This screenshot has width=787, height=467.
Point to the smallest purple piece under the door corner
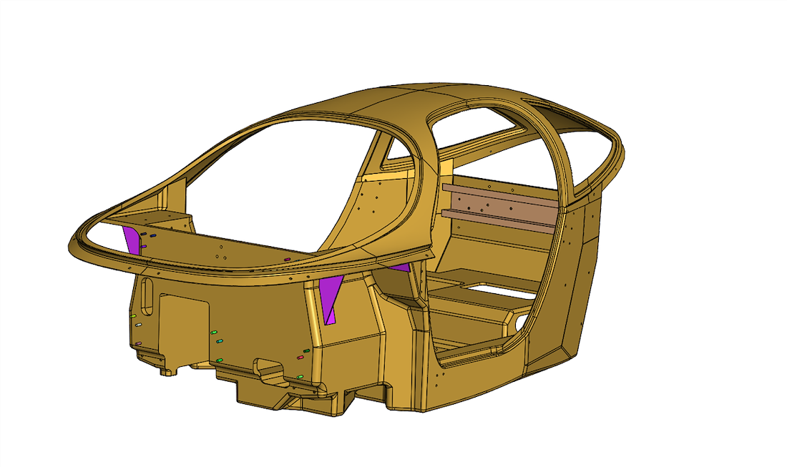[401, 267]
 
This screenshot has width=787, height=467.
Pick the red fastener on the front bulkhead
[300, 357]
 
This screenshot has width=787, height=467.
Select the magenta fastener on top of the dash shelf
[288, 259]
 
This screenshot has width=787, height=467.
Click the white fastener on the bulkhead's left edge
[139, 325]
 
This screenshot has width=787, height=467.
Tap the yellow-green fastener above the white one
[134, 315]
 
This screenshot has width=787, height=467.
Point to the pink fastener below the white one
[138, 344]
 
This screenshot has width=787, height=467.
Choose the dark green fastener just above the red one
[306, 350]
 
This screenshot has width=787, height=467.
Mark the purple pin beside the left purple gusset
[143, 246]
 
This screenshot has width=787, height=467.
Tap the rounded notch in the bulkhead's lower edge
[269, 368]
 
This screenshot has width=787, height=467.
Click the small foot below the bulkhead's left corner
[167, 371]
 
